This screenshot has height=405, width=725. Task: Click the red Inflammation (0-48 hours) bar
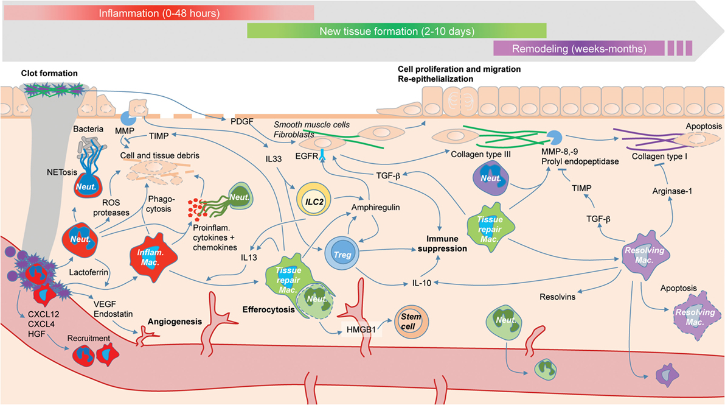[x=158, y=12]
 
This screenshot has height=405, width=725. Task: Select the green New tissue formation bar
[x=397, y=30]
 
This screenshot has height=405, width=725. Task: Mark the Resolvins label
[x=558, y=298]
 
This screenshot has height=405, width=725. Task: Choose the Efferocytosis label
[x=268, y=309]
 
